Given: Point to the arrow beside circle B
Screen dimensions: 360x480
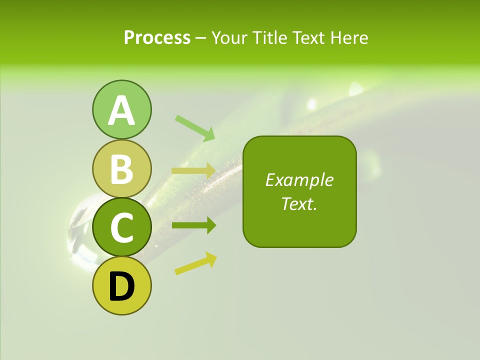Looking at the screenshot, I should pos(193,170).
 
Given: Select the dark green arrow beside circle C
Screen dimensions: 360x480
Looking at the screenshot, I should pos(193,225).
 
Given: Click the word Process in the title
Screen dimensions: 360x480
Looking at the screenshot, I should pos(157,37).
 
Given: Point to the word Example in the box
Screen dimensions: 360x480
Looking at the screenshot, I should pos(299,180).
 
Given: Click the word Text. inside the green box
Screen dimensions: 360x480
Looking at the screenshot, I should pos(299,203).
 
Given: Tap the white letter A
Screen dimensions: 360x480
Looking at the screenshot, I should pos(121,110).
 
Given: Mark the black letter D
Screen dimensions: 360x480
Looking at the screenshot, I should pos(121,287).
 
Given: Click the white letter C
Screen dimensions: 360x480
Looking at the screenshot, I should pos(121,228).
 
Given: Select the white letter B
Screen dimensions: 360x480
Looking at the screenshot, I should pos(121,169).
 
